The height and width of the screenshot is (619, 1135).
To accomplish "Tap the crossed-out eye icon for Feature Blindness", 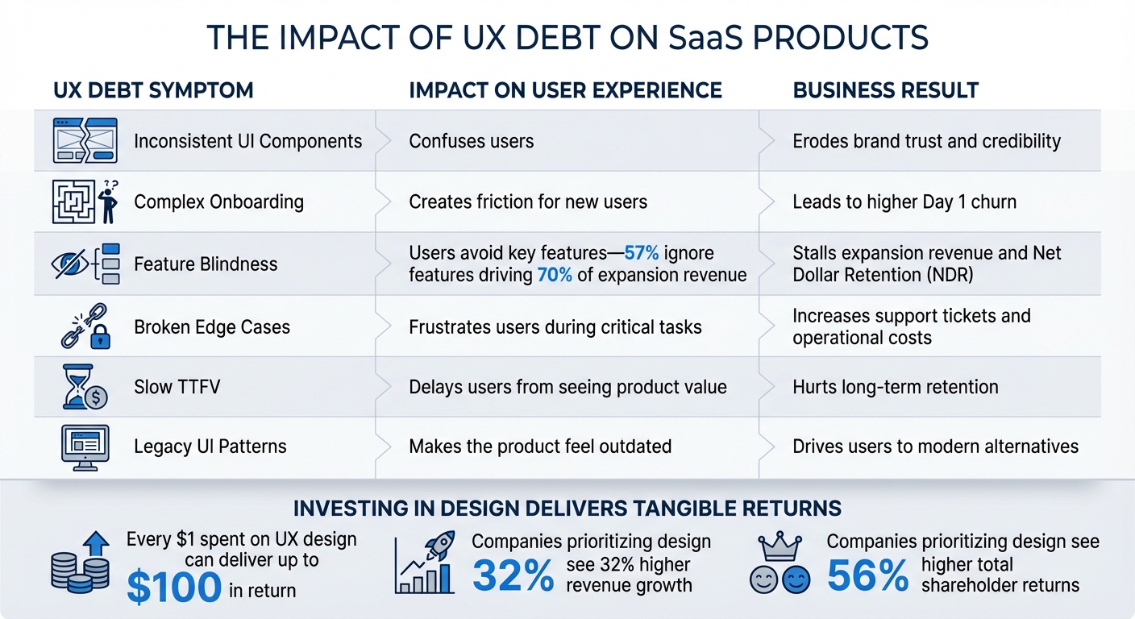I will (71, 264).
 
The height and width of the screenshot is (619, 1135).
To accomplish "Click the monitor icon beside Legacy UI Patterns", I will (85, 446).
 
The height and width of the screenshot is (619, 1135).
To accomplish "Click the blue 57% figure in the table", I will (642, 253).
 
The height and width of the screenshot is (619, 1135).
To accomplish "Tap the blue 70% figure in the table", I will (555, 275).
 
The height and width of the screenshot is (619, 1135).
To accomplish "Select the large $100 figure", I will (174, 588).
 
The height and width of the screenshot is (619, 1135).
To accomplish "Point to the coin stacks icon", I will (79, 569).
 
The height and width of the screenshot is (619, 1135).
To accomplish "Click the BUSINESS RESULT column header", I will (885, 90).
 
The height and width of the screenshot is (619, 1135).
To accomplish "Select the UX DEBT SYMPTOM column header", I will (153, 90).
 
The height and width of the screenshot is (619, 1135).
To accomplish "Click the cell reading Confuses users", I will (472, 141).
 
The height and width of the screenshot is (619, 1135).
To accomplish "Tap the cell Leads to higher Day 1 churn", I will (904, 201).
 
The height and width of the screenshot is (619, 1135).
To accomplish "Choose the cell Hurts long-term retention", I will (895, 387).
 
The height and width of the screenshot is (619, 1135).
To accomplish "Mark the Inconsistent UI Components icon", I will (85, 140).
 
